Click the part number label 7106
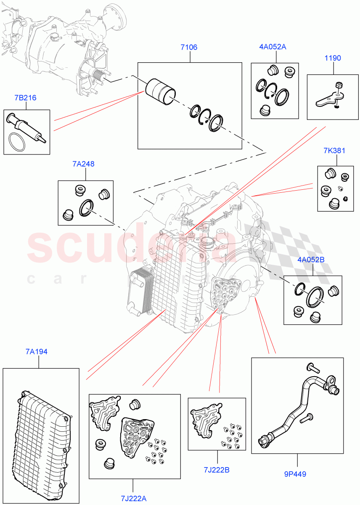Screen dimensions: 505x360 pos(189,48)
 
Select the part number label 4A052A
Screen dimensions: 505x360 pos(273,47)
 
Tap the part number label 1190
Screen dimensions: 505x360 pos(332,58)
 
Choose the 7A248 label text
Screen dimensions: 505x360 pos(83,164)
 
